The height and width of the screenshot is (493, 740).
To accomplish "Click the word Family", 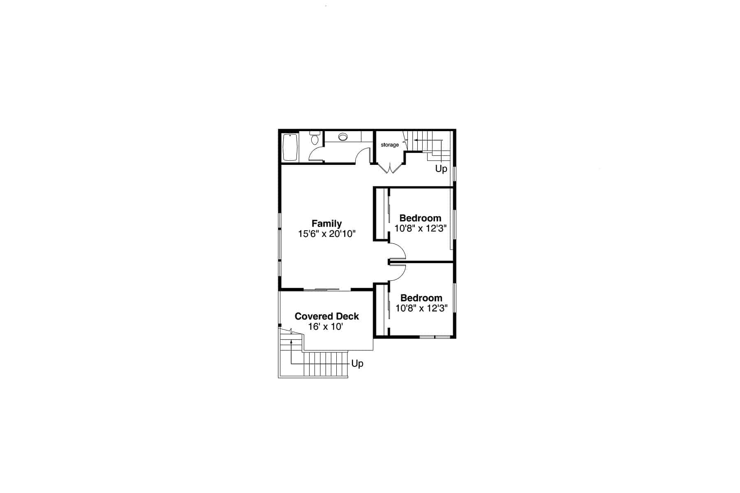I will click(x=326, y=224).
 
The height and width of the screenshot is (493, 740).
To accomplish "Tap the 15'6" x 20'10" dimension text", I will click(x=326, y=234).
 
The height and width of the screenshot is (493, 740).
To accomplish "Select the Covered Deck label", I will click(x=327, y=316).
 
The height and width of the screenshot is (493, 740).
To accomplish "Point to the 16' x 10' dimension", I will click(x=326, y=327).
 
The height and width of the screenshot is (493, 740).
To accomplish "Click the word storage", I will click(x=389, y=145).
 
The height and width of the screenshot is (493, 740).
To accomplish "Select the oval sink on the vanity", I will click(x=343, y=137).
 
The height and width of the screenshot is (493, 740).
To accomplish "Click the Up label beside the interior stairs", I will click(x=441, y=169).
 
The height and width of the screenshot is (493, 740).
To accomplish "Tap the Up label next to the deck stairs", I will click(x=357, y=364).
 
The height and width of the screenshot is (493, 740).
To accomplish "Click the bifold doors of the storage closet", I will click(x=389, y=168).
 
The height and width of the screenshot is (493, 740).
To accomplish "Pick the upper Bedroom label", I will click(x=420, y=218).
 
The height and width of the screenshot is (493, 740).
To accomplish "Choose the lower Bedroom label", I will click(x=421, y=298).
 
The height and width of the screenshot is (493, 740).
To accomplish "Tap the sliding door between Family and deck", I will click(x=327, y=290).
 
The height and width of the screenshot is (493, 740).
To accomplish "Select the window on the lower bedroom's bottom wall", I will click(x=435, y=337).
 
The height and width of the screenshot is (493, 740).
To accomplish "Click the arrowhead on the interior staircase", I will click(x=416, y=140).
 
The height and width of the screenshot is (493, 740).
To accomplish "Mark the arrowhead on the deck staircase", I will click(x=291, y=341).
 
